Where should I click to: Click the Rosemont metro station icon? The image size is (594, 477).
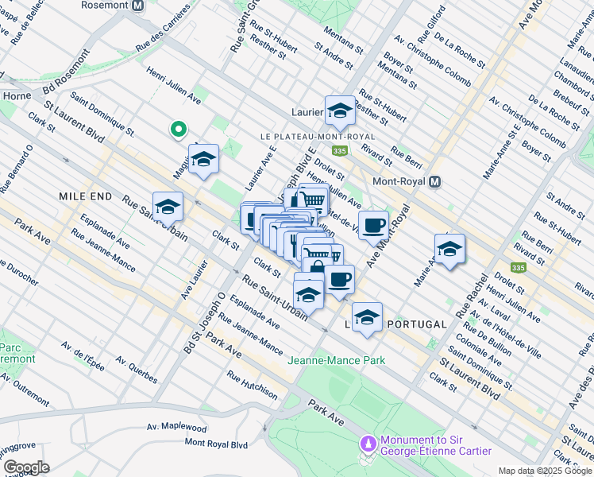pyautogui.click(x=138, y=5)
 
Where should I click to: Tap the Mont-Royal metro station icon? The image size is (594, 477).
pyautogui.click(x=434, y=182)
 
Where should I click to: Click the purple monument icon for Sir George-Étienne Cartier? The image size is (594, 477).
pyautogui.click(x=368, y=442)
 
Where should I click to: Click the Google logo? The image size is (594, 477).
pyautogui.click(x=26, y=467)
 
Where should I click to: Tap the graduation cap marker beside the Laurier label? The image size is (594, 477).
pyautogui.click(x=340, y=111)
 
